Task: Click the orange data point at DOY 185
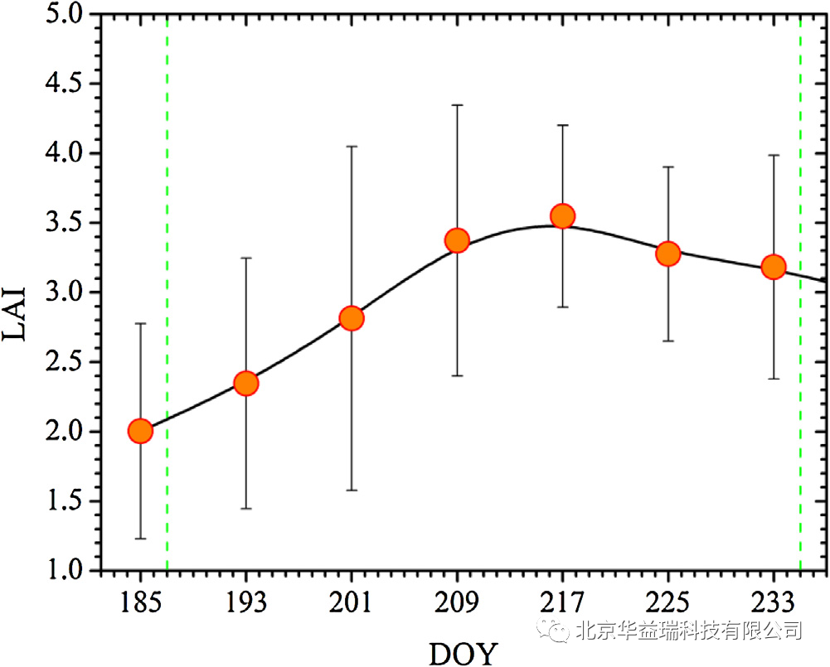140,431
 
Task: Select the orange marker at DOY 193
245,383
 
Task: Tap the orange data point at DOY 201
352,318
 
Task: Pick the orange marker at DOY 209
457,240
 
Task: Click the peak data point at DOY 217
563,215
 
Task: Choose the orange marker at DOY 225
668,254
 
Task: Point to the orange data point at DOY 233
774,267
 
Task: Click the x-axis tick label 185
140,602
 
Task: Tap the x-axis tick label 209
457,602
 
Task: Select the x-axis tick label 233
774,602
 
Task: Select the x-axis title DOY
463,652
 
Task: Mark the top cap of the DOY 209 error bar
457,105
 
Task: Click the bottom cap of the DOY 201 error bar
352,491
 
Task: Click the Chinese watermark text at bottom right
688,631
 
